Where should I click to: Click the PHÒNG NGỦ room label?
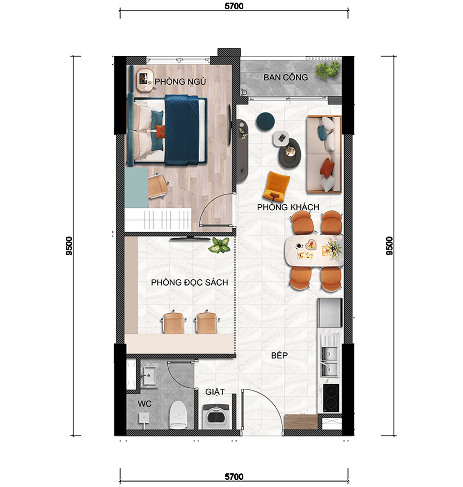pos(180,82)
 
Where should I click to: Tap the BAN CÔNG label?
pos(286,77)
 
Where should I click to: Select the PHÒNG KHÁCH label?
pos(288,207)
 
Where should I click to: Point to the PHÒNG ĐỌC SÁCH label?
pos(189,282)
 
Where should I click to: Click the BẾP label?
pos(279,355)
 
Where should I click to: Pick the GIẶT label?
pos(215,392)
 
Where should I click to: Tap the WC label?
pos(145,404)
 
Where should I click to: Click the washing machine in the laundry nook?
pos(216,417)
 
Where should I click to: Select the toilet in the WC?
pos(178,415)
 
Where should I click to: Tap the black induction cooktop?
pos(331,398)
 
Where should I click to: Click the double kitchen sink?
pos(329,362)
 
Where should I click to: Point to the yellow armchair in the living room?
pos(276,186)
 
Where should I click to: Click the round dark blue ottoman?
pos(265,121)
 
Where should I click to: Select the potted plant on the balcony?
pos(327,70)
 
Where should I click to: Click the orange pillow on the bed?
pos(159,132)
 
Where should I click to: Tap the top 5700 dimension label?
pos(234,6)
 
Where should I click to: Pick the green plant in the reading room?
pos(220,245)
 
